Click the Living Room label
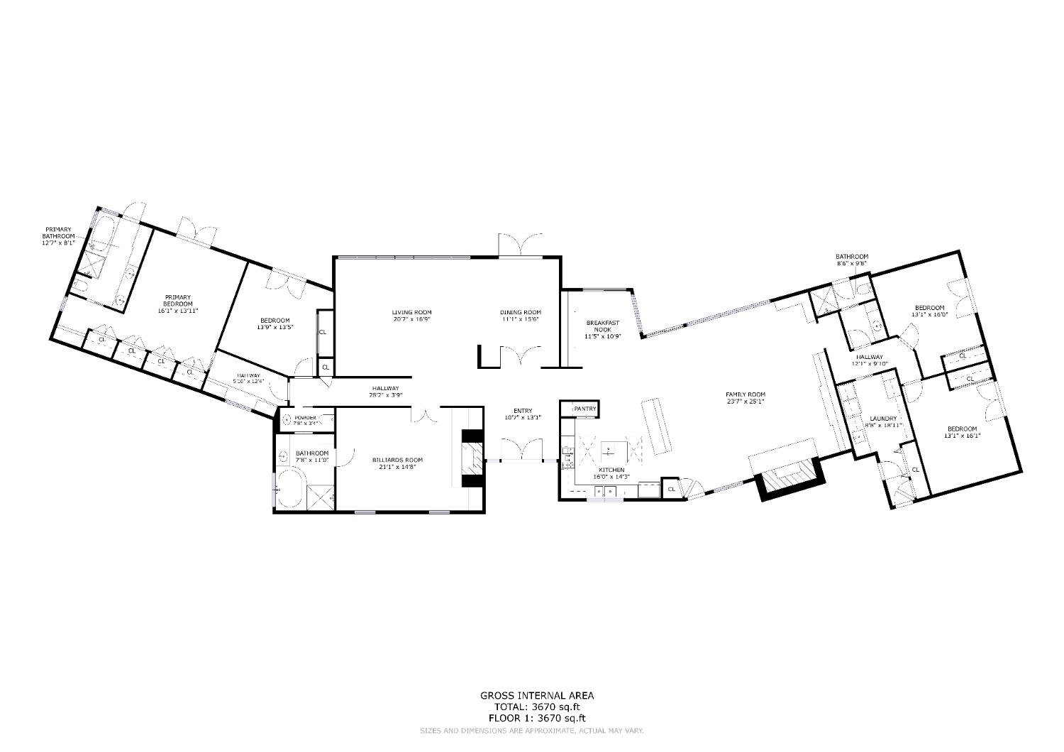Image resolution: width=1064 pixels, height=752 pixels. pos(411,312)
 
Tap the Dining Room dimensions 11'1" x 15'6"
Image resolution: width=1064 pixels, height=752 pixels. pos(521,320)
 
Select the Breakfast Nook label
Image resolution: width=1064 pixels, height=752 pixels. pos(602,326)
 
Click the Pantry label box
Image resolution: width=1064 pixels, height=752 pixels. pos(585,409)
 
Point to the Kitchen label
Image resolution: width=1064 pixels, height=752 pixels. pos(611,470)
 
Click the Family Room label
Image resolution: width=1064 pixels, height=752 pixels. pos(745,394)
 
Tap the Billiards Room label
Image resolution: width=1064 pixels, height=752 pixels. pos(397,460)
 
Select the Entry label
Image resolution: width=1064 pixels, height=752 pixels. pos(522,411)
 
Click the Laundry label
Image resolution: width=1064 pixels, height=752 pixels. pos(883,419)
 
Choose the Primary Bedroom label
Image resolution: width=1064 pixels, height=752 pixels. pos(178,301)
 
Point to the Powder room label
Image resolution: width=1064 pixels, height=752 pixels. pos(306,418)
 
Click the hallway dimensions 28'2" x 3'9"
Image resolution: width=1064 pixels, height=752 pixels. pos(385,395)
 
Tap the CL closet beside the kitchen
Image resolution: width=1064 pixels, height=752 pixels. pos(671,488)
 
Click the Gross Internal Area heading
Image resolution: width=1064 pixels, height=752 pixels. pos(536,696)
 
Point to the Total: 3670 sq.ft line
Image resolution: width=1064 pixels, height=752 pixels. pos(536,707)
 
